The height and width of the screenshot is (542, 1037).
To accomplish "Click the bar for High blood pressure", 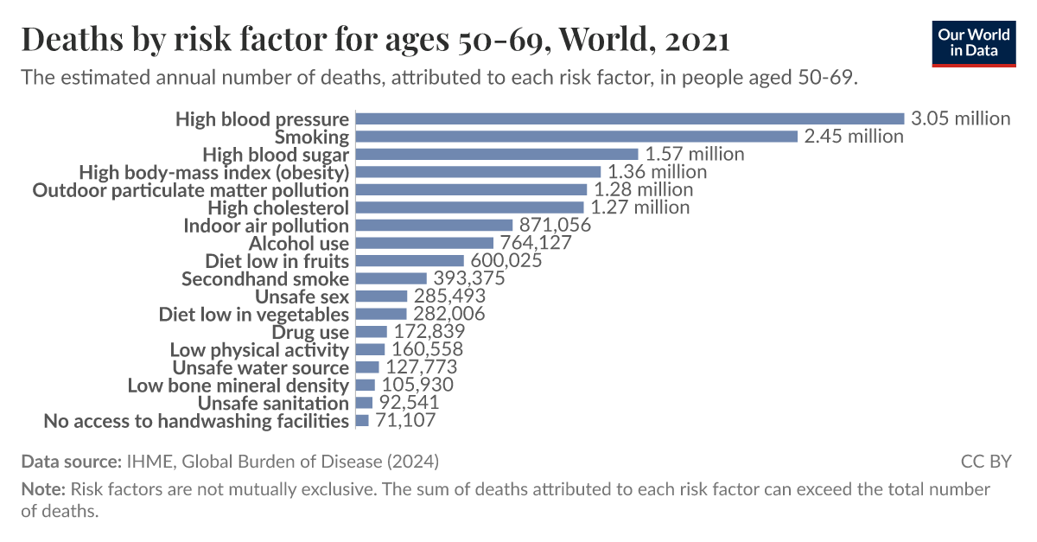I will point(629,118).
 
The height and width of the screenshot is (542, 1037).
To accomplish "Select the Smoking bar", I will point(576,137).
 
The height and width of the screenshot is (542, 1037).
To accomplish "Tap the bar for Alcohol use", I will point(424,243).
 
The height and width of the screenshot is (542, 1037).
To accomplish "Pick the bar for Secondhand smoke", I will point(391,278).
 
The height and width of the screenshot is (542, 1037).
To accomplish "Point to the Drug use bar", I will point(372,332).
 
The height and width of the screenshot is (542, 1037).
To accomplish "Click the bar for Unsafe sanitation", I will point(364,403).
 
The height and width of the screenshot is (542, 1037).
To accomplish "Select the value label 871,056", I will point(554,226).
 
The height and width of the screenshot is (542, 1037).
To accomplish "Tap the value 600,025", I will point(505,261).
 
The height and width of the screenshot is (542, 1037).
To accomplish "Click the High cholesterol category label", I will point(278,207).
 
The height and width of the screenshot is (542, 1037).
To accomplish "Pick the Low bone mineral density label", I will point(238,386).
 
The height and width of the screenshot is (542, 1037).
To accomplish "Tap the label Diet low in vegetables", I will point(253,315).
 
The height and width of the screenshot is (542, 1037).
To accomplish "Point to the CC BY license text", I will point(985,461).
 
